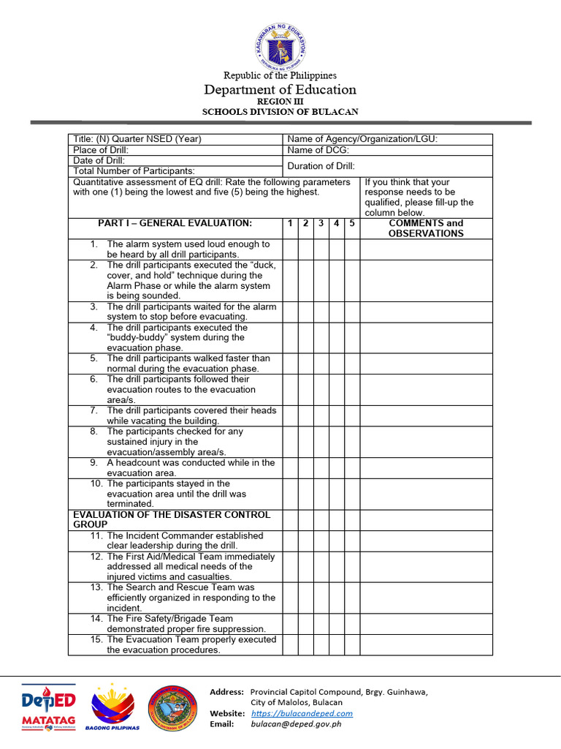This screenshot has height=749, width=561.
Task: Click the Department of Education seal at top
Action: point(280,45)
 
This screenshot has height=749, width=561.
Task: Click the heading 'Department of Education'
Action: point(280,89)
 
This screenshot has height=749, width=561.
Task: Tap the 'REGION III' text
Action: point(280,101)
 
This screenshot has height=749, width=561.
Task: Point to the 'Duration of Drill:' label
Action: point(321,166)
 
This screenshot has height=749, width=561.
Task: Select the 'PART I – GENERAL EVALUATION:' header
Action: point(175,223)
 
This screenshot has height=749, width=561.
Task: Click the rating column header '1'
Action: point(290,223)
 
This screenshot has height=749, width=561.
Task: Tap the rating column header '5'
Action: point(352,223)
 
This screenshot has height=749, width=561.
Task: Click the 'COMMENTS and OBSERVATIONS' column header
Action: point(426,228)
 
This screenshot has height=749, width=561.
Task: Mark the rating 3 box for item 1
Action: point(321,249)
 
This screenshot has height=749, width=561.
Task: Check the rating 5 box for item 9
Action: point(352,468)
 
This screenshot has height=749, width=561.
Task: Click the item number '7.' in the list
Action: point(94,410)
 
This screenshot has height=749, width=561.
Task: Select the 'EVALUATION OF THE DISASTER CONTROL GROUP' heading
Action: point(172,520)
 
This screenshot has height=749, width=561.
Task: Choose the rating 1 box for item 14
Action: point(290,624)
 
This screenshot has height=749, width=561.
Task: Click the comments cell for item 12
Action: point(426,567)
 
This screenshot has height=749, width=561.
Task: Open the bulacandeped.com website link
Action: point(302,713)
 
